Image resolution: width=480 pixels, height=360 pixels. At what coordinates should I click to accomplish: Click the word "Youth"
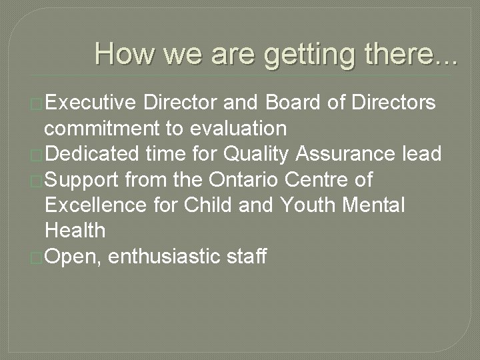click(x=311, y=205)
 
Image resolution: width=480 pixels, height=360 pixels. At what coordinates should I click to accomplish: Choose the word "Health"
click(x=75, y=230)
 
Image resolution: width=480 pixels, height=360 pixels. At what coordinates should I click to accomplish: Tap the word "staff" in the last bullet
click(x=247, y=255)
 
